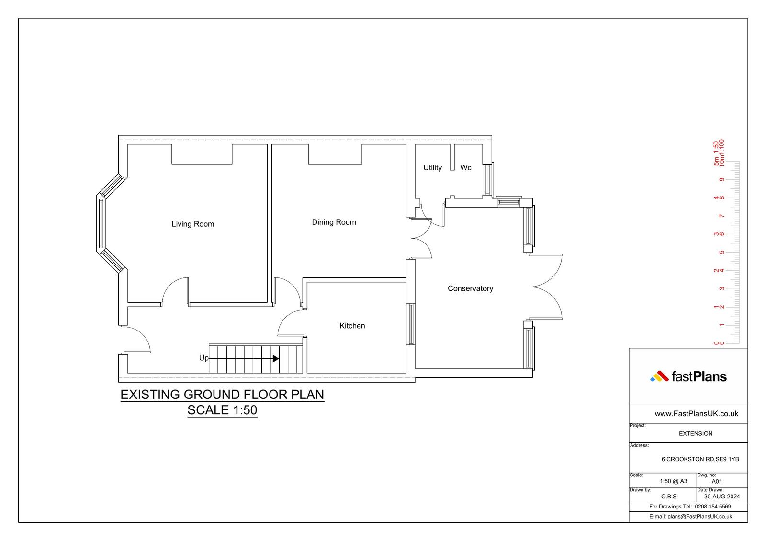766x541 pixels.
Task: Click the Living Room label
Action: click(x=193, y=224)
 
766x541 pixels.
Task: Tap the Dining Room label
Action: click(x=334, y=222)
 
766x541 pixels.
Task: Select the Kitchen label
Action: click(x=352, y=326)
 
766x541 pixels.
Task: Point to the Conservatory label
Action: click(x=470, y=288)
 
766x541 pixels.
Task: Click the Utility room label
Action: click(x=433, y=167)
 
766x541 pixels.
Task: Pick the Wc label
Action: click(x=466, y=167)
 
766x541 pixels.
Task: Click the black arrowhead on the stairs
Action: click(x=276, y=358)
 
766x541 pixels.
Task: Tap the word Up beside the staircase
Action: click(x=204, y=358)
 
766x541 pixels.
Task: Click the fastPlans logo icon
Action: click(x=659, y=376)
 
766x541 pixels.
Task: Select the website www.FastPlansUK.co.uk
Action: click(x=696, y=414)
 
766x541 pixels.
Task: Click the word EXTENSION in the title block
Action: click(x=696, y=434)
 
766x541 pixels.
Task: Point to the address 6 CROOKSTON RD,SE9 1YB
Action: click(x=700, y=459)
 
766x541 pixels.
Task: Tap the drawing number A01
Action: click(x=717, y=482)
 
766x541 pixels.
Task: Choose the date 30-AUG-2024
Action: click(x=722, y=497)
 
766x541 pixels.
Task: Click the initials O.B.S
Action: click(x=669, y=497)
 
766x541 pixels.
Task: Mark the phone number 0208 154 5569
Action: click(x=713, y=507)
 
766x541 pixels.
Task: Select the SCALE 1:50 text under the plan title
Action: click(x=222, y=410)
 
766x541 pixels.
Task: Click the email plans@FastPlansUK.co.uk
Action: click(x=699, y=517)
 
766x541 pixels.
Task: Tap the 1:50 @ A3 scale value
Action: click(x=673, y=481)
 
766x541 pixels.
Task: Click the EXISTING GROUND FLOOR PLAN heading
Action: click(x=222, y=395)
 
